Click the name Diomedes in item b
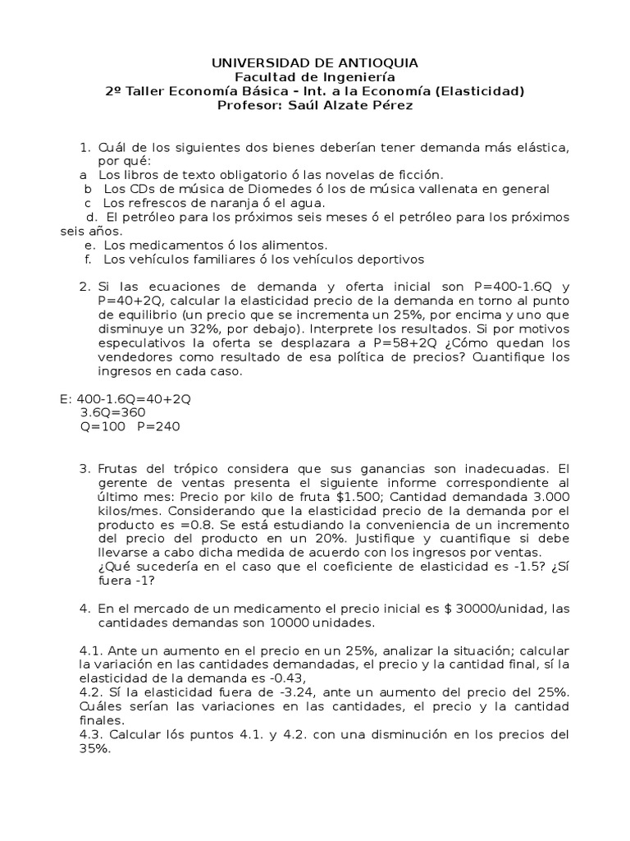pos(248,189)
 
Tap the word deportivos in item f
pos(386,260)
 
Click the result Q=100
pos(102,427)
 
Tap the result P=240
pos(158,427)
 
